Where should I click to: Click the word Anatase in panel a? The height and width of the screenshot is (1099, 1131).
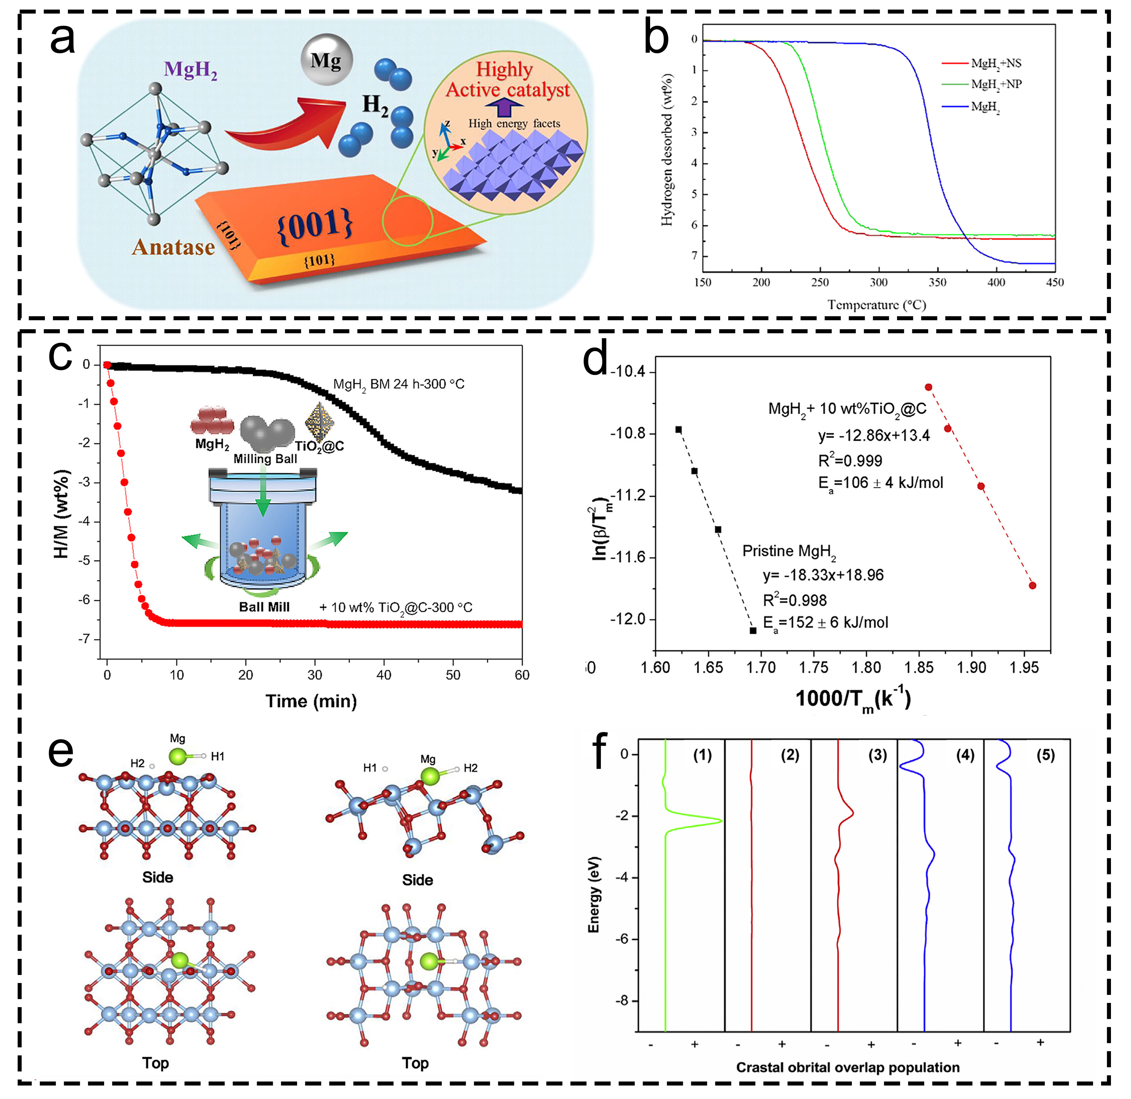click(173, 247)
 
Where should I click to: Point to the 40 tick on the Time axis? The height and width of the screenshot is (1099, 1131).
click(384, 675)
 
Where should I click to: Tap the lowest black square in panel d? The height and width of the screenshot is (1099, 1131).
click(753, 630)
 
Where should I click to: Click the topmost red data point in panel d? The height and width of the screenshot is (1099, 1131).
click(928, 387)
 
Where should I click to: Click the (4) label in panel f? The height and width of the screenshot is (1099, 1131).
click(965, 755)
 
